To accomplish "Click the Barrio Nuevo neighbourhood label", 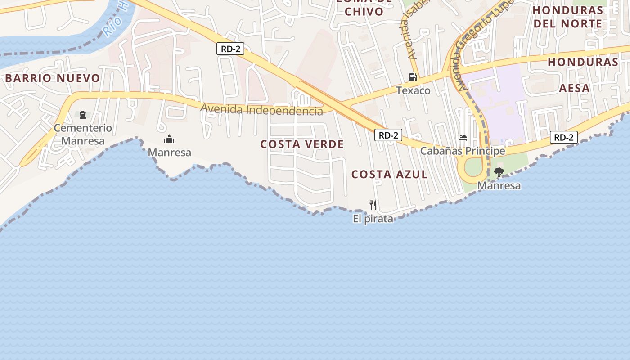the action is tap(53, 78).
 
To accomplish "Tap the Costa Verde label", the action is tap(302, 144).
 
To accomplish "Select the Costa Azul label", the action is tap(389, 175).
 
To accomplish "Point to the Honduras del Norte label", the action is tap(568, 17).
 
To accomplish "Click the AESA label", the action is tap(574, 88).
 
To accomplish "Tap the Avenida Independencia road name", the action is tap(261, 110).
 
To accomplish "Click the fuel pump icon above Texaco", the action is tap(413, 77).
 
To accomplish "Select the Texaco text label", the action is tap(413, 91).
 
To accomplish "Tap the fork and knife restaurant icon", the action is tap(373, 205).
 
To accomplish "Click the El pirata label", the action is tap(373, 219).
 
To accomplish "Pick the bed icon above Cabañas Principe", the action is tap(463, 138).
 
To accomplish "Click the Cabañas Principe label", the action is tap(463, 151).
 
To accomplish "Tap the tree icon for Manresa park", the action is tap(499, 172).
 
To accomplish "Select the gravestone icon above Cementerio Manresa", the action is tap(83, 115).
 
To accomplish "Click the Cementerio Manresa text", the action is tap(83, 135).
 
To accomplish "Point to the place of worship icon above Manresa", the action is tap(169, 139).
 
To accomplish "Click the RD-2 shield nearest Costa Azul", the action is tap(388, 135).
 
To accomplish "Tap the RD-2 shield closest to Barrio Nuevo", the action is tap(230, 49).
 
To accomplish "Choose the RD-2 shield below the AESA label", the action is tap(563, 137).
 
